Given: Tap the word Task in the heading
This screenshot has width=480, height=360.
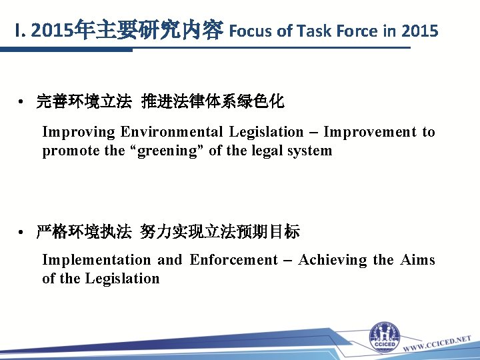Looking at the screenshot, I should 311,31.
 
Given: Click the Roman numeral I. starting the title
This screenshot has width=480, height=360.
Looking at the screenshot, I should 21,31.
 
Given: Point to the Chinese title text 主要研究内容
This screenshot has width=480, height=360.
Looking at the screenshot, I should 159,31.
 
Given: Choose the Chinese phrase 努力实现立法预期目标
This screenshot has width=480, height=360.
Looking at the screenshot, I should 220,232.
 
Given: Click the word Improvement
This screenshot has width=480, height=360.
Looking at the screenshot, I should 369,132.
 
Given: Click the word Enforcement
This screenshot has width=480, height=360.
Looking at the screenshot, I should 233,260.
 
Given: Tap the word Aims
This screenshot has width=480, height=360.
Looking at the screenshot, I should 417,260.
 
